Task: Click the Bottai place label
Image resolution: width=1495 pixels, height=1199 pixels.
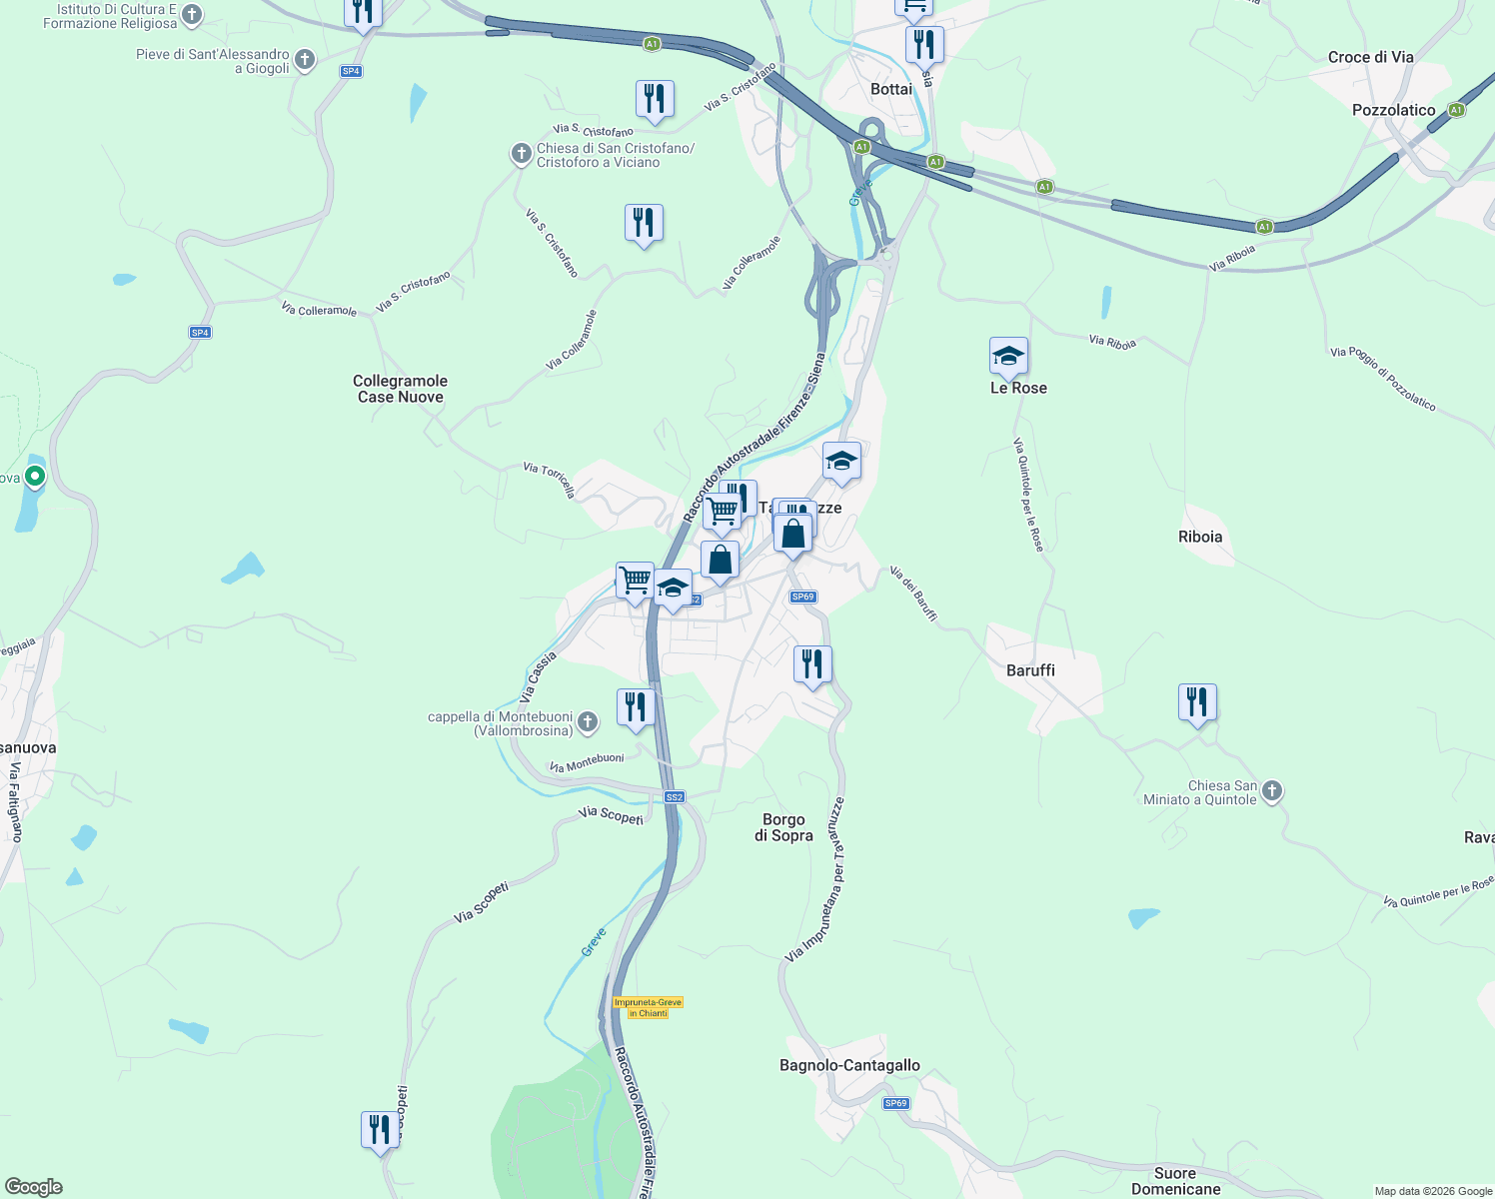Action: click(890, 89)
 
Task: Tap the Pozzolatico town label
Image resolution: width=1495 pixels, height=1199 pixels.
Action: click(1393, 110)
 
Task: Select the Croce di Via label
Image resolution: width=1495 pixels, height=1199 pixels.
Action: click(1370, 57)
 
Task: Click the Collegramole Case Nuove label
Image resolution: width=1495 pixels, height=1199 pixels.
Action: click(400, 389)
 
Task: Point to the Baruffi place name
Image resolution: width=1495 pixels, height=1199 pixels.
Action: click(1030, 670)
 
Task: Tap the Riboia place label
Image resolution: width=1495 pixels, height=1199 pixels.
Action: click(1199, 537)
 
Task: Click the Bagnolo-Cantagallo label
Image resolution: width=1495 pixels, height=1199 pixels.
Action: click(849, 1065)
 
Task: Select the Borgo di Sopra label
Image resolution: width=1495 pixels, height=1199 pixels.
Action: click(783, 827)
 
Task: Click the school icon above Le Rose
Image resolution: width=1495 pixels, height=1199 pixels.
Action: click(1008, 356)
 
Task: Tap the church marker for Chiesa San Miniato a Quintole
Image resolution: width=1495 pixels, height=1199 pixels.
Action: click(1271, 791)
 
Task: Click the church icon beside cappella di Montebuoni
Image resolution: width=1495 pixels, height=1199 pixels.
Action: click(588, 721)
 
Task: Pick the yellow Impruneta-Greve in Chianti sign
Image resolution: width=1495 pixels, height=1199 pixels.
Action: click(648, 1007)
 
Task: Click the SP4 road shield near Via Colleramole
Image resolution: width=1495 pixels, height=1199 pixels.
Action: click(200, 333)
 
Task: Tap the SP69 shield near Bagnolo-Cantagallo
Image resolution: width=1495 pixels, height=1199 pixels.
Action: click(895, 1103)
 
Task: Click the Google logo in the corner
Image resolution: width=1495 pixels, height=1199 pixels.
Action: click(34, 1187)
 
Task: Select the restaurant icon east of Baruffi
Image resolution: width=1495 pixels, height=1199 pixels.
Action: click(1196, 702)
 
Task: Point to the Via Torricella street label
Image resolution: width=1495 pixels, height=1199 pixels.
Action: click(550, 480)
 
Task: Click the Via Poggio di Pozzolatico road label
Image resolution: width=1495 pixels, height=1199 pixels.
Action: click(1383, 379)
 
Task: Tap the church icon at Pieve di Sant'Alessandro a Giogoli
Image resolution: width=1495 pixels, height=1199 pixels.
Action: click(305, 60)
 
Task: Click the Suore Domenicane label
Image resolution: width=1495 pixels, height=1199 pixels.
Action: click(1175, 1181)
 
